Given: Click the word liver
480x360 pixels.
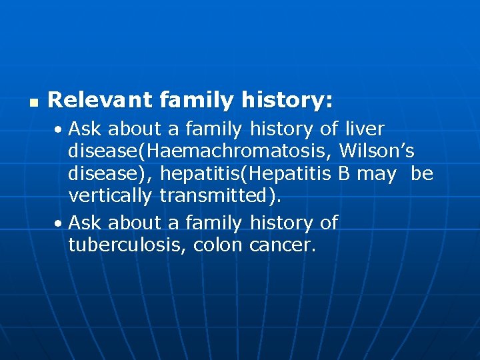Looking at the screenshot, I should (364, 127).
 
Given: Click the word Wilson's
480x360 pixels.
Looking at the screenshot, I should (377, 151).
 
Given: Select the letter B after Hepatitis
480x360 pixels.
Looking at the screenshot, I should (344, 174).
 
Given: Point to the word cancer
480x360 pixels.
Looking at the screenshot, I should (280, 245).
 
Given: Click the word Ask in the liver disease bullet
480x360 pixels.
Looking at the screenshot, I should (85, 127).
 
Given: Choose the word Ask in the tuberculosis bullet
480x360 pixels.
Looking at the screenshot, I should (85, 222).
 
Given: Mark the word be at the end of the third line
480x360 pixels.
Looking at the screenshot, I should (422, 174).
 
